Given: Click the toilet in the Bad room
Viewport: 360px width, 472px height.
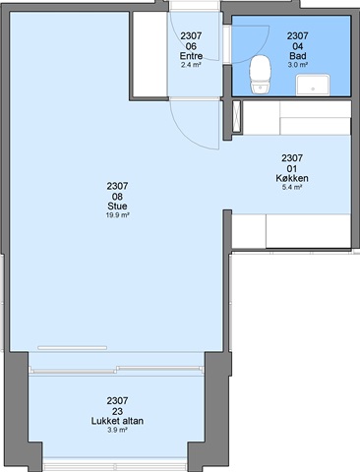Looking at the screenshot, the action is (x=261, y=75).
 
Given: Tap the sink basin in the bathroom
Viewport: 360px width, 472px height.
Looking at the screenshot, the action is (x=313, y=86).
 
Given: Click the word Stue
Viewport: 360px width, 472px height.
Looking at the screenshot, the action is (x=117, y=206).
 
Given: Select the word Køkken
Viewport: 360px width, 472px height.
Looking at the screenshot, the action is (x=292, y=178).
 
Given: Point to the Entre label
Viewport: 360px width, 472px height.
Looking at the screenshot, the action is (x=191, y=56).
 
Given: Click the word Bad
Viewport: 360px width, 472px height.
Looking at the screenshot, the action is (x=298, y=56).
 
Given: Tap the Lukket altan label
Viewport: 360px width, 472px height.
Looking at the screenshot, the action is (x=117, y=421).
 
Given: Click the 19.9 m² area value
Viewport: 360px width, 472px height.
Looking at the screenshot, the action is (x=117, y=215).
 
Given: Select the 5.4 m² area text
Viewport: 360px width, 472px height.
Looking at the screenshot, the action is (x=292, y=188).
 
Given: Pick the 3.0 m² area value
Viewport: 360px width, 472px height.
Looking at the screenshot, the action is (x=298, y=65).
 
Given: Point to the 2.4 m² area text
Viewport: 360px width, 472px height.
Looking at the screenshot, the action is (x=191, y=65).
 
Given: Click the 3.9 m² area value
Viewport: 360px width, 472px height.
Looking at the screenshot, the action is (x=117, y=430).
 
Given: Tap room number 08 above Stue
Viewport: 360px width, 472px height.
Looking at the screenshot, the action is (x=117, y=197).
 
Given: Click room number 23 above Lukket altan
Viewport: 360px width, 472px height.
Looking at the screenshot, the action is (x=117, y=411).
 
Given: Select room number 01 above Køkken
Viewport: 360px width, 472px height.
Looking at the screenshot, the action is (x=292, y=168).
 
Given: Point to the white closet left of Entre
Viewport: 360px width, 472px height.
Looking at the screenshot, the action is (x=150, y=54).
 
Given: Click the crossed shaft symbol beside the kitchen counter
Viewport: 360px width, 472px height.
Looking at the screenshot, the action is (x=236, y=116).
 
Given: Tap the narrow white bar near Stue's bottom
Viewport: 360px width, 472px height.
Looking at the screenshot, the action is (x=72, y=348).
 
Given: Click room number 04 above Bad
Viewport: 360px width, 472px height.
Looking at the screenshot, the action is (x=298, y=46).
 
